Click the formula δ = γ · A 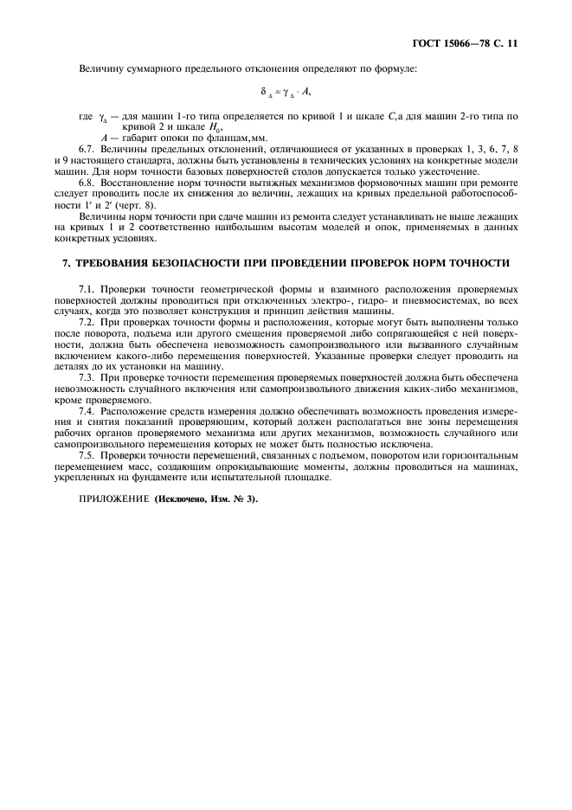click(x=286, y=91)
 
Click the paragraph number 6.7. click(x=87, y=150)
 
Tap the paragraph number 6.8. click(x=87, y=184)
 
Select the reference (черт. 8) click(x=138, y=207)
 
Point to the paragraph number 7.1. click(x=87, y=288)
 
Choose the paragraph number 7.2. click(x=87, y=323)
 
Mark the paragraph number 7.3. click(x=87, y=380)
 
